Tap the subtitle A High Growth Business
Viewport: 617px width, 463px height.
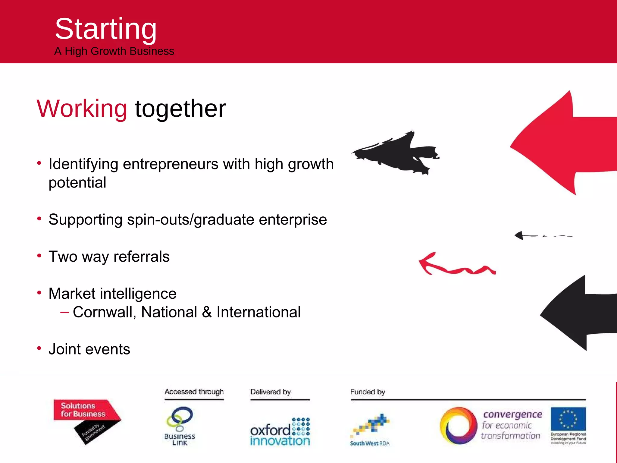(114, 51)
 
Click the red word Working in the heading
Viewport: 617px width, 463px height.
(82, 109)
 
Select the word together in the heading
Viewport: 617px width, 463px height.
(180, 109)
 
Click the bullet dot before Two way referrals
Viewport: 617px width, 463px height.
(39, 256)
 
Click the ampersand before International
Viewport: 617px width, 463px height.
(207, 312)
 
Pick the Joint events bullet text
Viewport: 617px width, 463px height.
(89, 349)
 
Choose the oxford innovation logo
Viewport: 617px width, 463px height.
(280, 432)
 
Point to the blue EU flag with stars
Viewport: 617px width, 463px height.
(568, 419)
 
